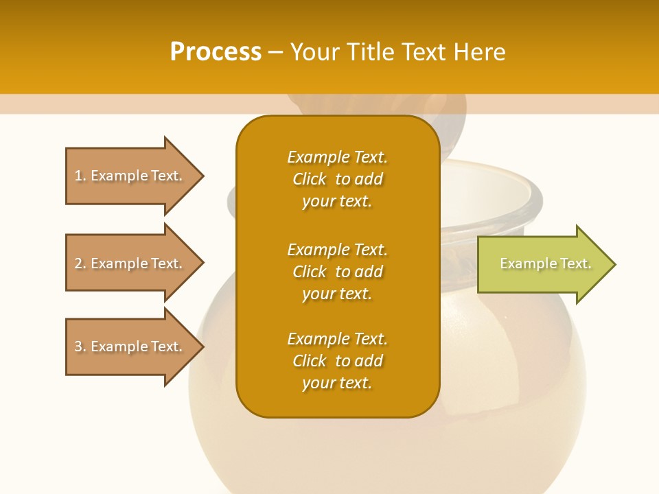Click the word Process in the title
coord(216,52)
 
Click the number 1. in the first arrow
coord(80,176)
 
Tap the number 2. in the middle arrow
coord(80,263)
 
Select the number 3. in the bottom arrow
coord(80,346)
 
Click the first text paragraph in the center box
coord(337,179)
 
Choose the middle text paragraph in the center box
coord(337,272)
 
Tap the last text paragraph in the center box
coord(337,361)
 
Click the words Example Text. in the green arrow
coord(546,264)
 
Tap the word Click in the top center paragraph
coord(310,179)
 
